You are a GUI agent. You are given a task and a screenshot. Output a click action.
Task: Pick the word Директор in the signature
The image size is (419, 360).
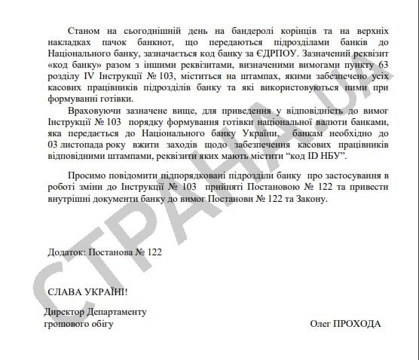pos(69,312)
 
